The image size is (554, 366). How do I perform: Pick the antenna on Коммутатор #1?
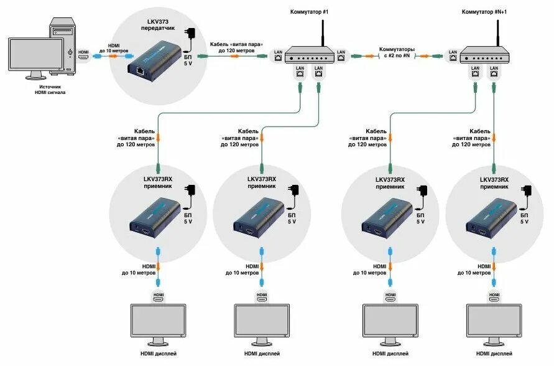pos(323,35)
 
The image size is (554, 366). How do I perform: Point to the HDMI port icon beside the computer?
pos(83,55)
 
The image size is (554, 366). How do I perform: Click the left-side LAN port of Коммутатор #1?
pos(278,56)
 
